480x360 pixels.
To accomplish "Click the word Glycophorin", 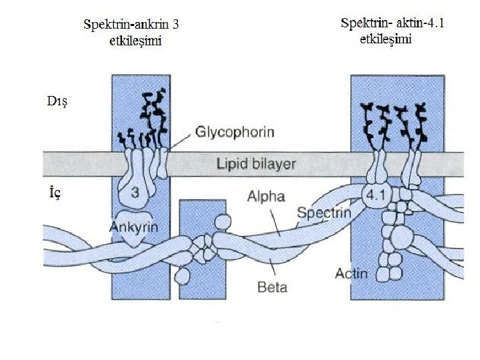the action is click(235, 132).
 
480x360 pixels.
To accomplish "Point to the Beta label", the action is click(272, 288).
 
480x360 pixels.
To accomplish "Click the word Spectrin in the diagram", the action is click(323, 213).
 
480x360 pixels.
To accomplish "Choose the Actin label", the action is click(351, 273).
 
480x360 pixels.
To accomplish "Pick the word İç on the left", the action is click(55, 193).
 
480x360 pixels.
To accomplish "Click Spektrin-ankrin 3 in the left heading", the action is click(133, 25).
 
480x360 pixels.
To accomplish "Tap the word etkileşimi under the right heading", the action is click(385, 39).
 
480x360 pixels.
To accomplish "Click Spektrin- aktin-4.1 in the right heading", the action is click(393, 23).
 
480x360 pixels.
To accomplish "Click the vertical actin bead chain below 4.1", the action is click(389, 247).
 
